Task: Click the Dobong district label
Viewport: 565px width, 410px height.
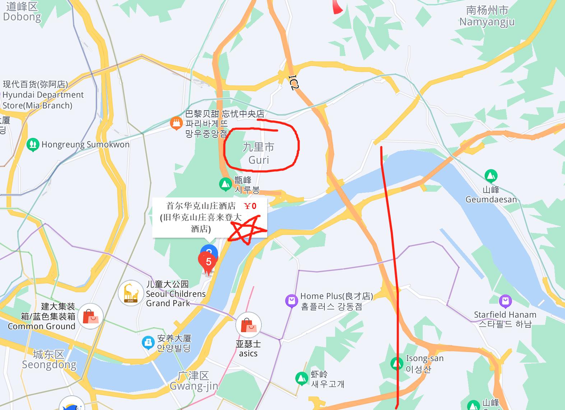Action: tap(22, 12)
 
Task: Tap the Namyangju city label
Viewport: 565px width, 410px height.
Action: tap(487, 16)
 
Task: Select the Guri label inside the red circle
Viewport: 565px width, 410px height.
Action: tap(259, 153)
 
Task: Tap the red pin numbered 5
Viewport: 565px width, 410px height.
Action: tap(208, 261)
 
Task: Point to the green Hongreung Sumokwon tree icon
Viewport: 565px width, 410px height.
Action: tap(33, 145)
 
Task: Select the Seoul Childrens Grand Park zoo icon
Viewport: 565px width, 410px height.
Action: tap(131, 293)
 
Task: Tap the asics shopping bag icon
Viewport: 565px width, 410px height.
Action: tap(248, 325)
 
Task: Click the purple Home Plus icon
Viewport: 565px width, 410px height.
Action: tap(292, 300)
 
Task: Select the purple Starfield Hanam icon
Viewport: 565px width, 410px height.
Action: tap(505, 301)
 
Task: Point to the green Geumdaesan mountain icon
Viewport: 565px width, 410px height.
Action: tap(491, 176)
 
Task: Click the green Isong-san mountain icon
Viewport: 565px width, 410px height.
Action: tap(397, 363)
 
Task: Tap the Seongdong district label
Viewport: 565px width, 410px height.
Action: tap(49, 360)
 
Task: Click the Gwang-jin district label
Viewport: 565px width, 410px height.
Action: tap(194, 381)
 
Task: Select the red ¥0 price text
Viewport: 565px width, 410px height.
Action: tap(250, 206)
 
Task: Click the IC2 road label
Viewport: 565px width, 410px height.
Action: tap(294, 82)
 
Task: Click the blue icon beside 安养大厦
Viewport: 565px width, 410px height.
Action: tap(148, 343)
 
